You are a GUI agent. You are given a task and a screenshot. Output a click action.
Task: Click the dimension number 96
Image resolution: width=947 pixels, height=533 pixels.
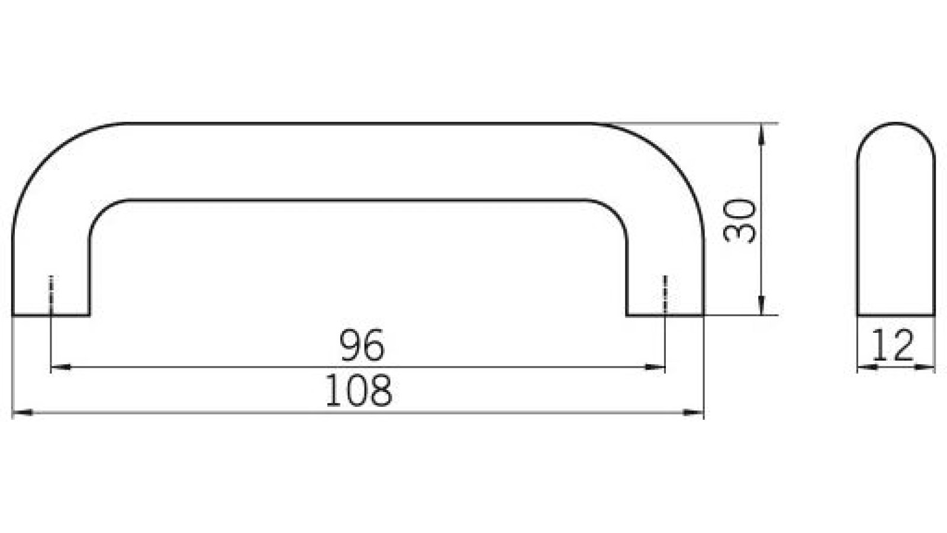(x=362, y=345)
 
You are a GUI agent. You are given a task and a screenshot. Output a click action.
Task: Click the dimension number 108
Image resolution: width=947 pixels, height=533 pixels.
(x=359, y=391)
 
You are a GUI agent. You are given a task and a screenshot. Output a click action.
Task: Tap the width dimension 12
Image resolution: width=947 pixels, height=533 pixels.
(x=894, y=346)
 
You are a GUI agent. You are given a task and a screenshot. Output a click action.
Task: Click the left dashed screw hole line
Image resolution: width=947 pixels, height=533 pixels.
(x=52, y=294)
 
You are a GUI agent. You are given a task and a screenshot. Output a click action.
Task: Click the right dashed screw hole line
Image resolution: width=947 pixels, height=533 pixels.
(x=665, y=294)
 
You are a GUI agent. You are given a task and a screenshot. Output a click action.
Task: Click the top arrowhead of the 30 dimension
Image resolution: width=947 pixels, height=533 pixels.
(x=761, y=133)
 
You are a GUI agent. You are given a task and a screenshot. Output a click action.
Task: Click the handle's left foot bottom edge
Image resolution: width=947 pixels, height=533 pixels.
(x=50, y=316)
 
